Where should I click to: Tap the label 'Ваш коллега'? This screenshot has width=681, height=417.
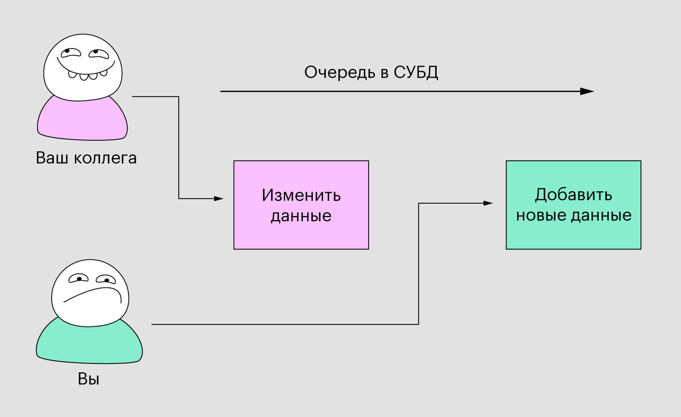[x=86, y=158]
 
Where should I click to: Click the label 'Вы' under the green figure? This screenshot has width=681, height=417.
[x=89, y=379]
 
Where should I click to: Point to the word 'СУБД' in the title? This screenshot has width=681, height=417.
[x=415, y=72]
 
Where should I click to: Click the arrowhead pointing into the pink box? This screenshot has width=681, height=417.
[x=219, y=199]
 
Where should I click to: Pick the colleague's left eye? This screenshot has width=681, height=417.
[x=70, y=53]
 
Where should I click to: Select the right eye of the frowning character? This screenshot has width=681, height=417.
[x=106, y=279]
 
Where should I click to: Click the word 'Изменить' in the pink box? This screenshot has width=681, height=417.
[x=301, y=196]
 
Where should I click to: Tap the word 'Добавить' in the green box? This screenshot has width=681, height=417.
[x=573, y=195]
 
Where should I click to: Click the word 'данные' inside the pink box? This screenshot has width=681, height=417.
[x=301, y=216]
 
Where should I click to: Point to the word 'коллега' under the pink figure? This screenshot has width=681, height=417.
[x=105, y=158]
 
